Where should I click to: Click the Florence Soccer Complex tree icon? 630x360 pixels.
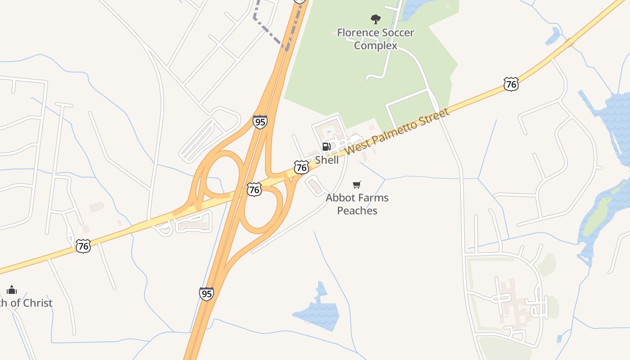click(x=375, y=19)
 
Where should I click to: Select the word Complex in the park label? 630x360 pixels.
click(x=376, y=45)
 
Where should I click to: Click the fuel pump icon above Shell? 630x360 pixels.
click(x=327, y=146)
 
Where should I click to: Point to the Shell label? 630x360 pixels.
click(x=327, y=160)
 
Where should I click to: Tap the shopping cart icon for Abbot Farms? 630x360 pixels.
click(x=357, y=184)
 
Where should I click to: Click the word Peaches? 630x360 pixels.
click(x=357, y=211)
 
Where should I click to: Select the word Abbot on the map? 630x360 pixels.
click(x=339, y=198)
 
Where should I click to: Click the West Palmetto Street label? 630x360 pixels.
click(x=398, y=131)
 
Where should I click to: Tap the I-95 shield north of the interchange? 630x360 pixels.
click(x=260, y=122)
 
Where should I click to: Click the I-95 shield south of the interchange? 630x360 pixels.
click(x=207, y=294)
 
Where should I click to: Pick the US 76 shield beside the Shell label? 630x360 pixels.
click(x=301, y=167)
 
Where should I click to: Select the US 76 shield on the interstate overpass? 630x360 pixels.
click(x=254, y=189)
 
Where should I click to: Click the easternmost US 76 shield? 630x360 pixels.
click(x=511, y=84)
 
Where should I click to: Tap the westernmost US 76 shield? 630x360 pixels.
click(x=83, y=246)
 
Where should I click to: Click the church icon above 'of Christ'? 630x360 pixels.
click(x=12, y=289)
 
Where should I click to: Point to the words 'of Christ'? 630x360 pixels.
click(x=31, y=303)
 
